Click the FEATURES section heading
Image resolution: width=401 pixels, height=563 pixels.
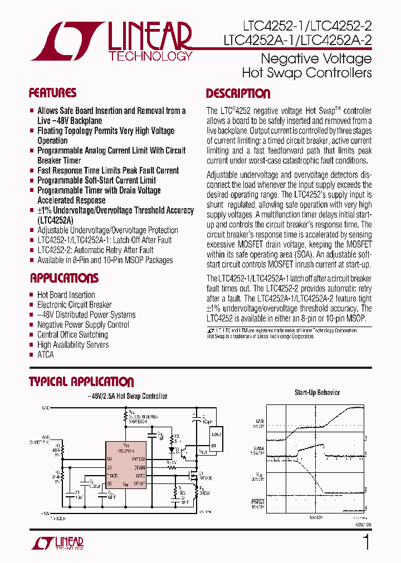52,93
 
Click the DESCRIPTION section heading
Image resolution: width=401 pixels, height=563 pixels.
238,93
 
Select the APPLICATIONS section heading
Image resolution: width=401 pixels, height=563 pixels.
64,278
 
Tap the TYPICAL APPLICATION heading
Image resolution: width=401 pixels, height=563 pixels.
81,382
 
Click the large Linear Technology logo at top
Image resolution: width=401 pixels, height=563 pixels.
111,41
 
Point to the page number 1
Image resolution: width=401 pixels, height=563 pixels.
366,542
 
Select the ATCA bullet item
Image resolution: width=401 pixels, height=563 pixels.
46,354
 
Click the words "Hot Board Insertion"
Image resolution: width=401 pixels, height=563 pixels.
66,295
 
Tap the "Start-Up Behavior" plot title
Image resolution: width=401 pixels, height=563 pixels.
317,393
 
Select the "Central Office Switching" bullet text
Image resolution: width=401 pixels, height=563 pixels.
72,334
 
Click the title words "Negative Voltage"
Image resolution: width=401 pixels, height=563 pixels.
316,59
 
